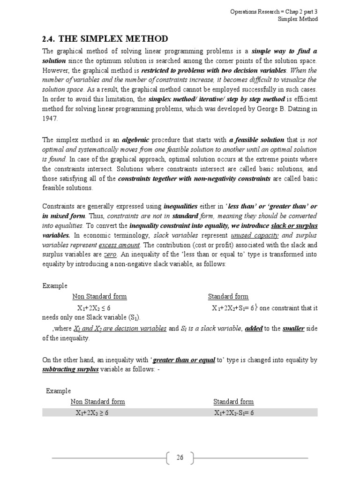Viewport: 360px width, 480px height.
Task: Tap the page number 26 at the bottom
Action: click(x=180, y=458)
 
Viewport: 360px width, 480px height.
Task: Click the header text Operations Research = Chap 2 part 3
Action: click(x=274, y=11)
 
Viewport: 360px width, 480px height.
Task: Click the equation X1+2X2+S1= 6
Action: click(x=232, y=308)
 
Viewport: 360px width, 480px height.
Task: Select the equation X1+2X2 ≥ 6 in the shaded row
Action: click(x=92, y=413)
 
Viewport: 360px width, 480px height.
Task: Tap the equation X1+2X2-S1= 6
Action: click(x=234, y=413)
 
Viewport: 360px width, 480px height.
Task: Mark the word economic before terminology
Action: click(x=98, y=236)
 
